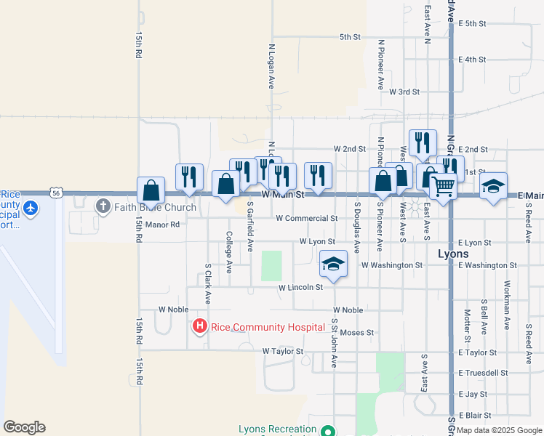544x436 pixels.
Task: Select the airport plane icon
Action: (x=31, y=209)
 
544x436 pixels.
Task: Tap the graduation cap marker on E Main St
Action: (x=493, y=186)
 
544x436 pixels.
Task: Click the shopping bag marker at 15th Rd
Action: (x=150, y=190)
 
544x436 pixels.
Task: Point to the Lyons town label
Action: (x=454, y=255)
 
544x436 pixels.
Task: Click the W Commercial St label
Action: (x=306, y=218)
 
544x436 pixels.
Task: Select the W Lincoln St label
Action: (x=300, y=288)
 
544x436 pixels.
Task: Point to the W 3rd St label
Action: (x=404, y=92)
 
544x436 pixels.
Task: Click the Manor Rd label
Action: (x=161, y=225)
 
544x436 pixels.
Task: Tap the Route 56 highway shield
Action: (x=57, y=193)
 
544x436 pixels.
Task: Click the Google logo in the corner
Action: (x=24, y=427)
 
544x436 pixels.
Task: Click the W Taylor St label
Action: (x=282, y=351)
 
